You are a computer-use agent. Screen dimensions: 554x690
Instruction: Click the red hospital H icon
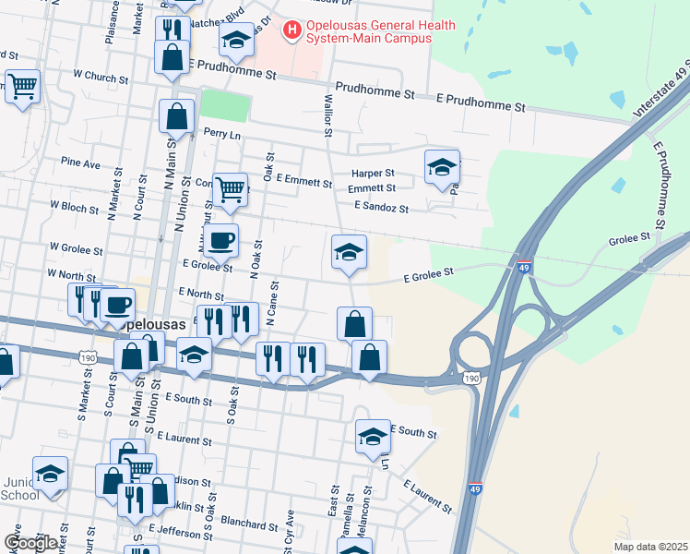pyautogui.click(x=292, y=30)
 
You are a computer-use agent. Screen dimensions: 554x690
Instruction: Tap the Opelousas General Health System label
pyautogui.click(x=369, y=31)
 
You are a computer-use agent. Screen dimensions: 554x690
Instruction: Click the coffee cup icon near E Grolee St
pyautogui.click(x=220, y=242)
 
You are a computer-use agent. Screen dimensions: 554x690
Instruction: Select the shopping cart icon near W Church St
pyautogui.click(x=22, y=87)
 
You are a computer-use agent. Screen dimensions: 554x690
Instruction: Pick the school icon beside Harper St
pyautogui.click(x=443, y=167)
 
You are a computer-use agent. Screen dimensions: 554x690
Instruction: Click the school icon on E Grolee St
pyautogui.click(x=350, y=252)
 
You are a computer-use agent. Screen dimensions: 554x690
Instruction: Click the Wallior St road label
pyautogui.click(x=327, y=114)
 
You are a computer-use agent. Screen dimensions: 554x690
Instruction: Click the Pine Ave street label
pyautogui.click(x=79, y=163)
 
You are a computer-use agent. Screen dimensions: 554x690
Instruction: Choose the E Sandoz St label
pyautogui.click(x=380, y=209)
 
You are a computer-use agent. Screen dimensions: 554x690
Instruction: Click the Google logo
pyautogui.click(x=30, y=544)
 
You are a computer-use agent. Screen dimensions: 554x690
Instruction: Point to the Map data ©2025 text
pyautogui.click(x=650, y=547)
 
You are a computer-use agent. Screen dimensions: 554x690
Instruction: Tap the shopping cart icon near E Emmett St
pyautogui.click(x=231, y=189)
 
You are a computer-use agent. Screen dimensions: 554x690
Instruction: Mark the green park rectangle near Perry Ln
pyautogui.click(x=225, y=105)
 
